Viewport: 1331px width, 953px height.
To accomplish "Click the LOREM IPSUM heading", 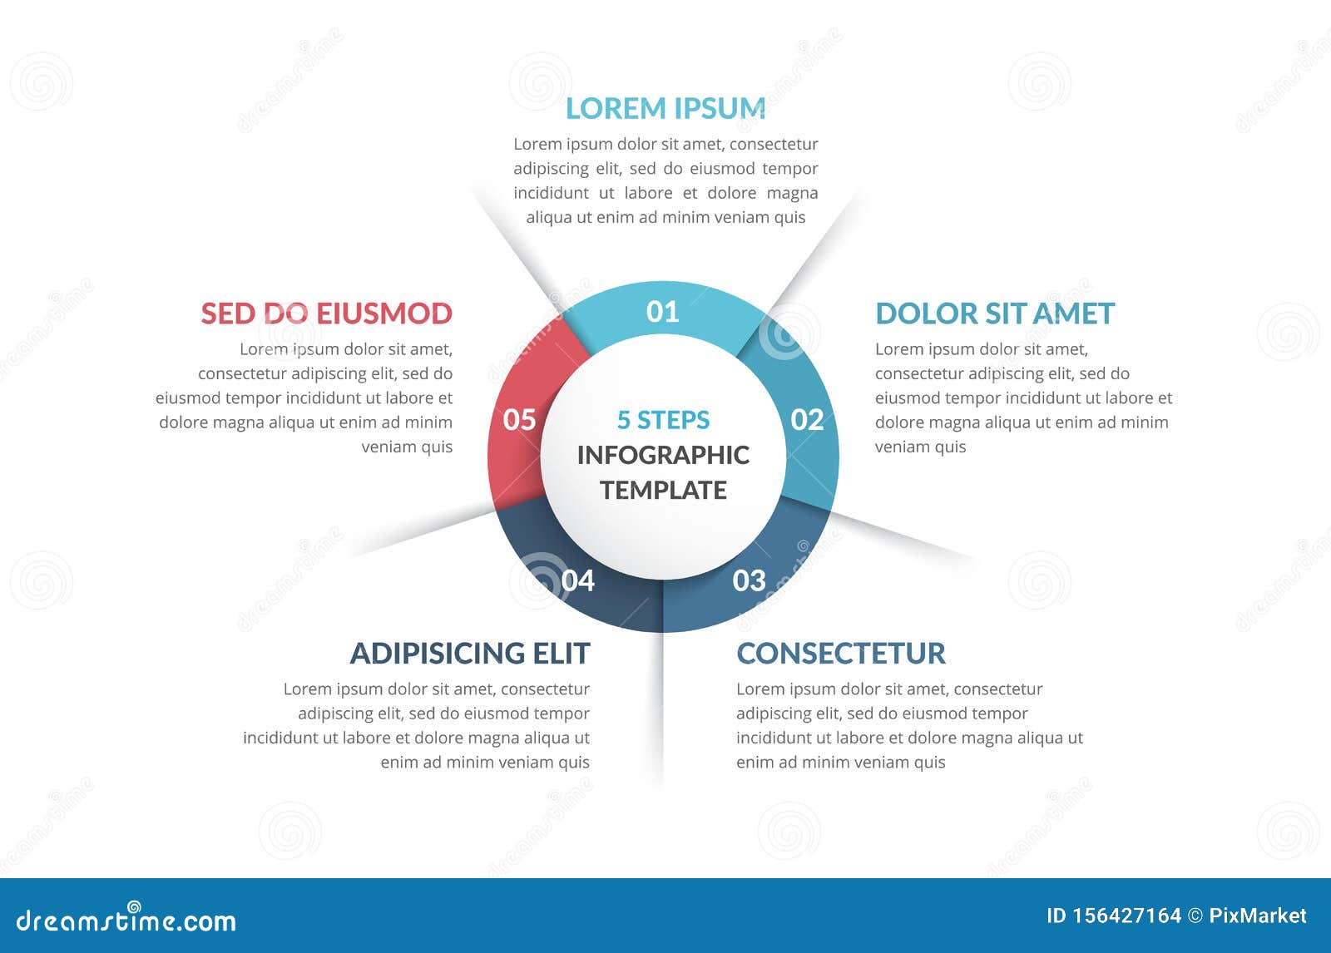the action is pyautogui.click(x=665, y=109).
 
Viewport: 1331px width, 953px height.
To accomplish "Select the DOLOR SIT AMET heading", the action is pyautogui.click(x=995, y=314).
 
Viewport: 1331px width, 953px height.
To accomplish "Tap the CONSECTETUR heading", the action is pyautogui.click(x=841, y=654).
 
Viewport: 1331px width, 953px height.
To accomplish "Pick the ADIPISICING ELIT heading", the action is pyautogui.click(x=470, y=654).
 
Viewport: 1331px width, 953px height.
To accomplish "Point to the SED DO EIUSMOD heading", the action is pyautogui.click(x=327, y=314).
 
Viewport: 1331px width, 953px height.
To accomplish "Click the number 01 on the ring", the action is pyautogui.click(x=662, y=312).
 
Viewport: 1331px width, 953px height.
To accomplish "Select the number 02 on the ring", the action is pyautogui.click(x=807, y=420).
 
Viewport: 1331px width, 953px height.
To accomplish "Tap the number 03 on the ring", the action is pyautogui.click(x=749, y=580).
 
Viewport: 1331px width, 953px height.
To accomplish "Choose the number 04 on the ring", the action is pyautogui.click(x=577, y=580).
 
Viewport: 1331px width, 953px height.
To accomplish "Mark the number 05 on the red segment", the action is pyautogui.click(x=519, y=420).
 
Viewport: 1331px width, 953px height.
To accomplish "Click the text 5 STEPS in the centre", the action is pyautogui.click(x=663, y=420).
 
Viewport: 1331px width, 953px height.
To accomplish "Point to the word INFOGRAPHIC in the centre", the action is pyautogui.click(x=663, y=455).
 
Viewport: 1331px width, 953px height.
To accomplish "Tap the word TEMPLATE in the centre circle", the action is pyautogui.click(x=663, y=490).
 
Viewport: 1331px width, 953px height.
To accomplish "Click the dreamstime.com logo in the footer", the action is pyautogui.click(x=126, y=918).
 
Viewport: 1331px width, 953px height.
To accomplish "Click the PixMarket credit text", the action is pyautogui.click(x=1257, y=916).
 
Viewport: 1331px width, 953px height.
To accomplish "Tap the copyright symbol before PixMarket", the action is pyautogui.click(x=1195, y=916).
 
